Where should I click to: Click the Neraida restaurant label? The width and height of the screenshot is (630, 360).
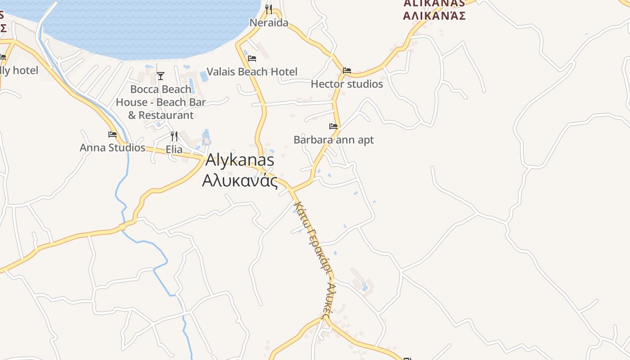[269, 22]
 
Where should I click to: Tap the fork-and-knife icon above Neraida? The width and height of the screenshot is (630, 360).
[269, 9]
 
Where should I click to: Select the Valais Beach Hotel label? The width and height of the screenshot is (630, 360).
[252, 72]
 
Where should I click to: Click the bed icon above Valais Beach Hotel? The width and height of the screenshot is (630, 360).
[252, 58]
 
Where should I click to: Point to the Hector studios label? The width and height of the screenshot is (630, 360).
[347, 84]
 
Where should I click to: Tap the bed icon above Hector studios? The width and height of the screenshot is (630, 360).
[347, 71]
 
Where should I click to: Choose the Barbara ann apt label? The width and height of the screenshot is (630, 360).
[333, 140]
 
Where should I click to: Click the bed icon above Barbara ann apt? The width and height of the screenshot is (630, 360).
[333, 126]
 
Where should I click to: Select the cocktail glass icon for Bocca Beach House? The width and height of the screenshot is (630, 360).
[161, 76]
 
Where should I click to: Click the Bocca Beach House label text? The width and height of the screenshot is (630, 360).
[161, 102]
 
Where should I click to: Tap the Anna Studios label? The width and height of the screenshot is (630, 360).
[112, 148]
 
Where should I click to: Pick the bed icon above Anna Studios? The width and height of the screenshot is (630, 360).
[112, 135]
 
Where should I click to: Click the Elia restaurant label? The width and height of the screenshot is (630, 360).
[174, 149]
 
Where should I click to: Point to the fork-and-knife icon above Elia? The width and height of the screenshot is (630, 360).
[174, 136]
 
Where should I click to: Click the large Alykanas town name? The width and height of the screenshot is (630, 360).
[239, 160]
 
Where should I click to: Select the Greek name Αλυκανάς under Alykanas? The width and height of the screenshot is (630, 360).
[239, 180]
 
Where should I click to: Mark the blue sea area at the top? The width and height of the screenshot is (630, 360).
[148, 27]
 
